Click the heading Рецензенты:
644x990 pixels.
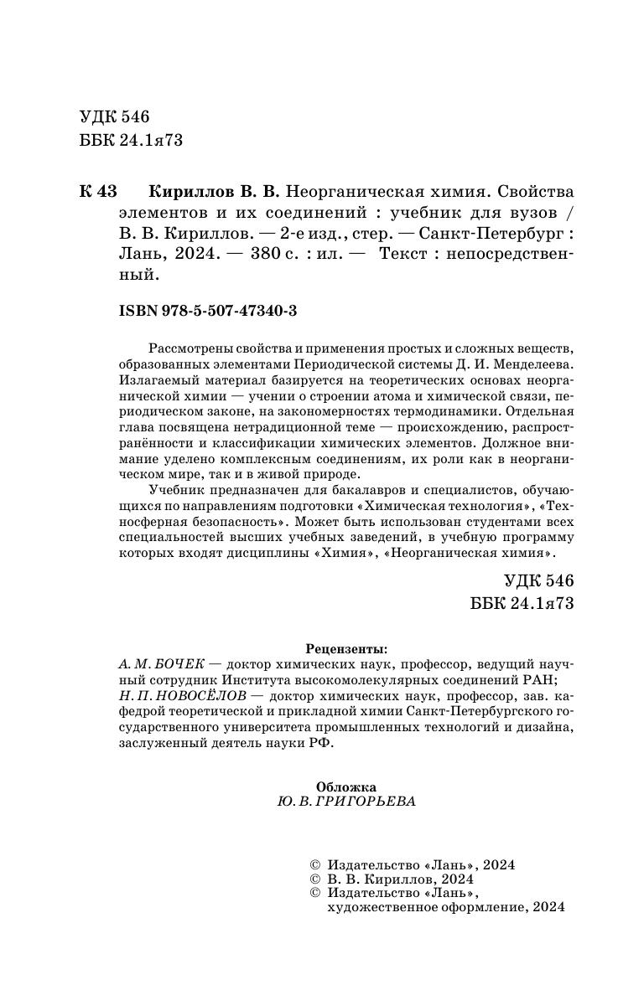[346, 648]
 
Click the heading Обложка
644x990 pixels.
[346, 786]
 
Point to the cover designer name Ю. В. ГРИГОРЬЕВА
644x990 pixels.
[345, 801]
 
